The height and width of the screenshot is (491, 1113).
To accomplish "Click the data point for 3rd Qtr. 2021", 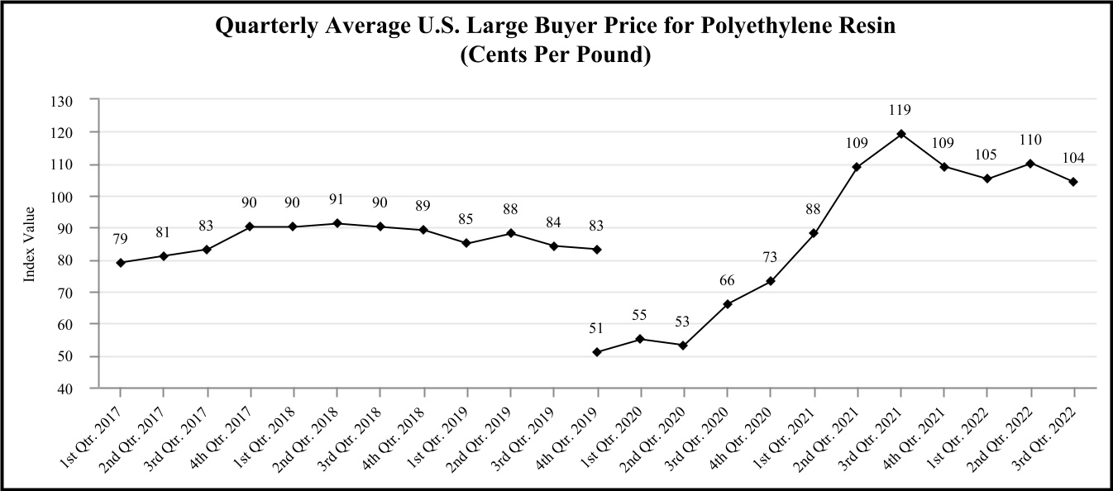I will click(900, 134).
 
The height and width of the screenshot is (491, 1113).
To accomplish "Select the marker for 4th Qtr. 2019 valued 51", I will click(597, 352).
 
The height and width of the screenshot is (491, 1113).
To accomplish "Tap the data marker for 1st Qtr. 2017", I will click(121, 262).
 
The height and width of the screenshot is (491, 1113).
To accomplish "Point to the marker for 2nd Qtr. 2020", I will click(683, 346).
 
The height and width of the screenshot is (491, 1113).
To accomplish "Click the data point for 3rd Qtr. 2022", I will click(1073, 182).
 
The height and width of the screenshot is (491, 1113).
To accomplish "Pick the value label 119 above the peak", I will click(900, 109).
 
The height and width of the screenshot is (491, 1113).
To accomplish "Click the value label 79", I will click(121, 240).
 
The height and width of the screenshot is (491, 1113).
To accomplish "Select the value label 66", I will click(727, 281).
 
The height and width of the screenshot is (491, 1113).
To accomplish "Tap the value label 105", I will click(986, 155).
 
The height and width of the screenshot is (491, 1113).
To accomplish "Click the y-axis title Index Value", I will click(30, 245).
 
